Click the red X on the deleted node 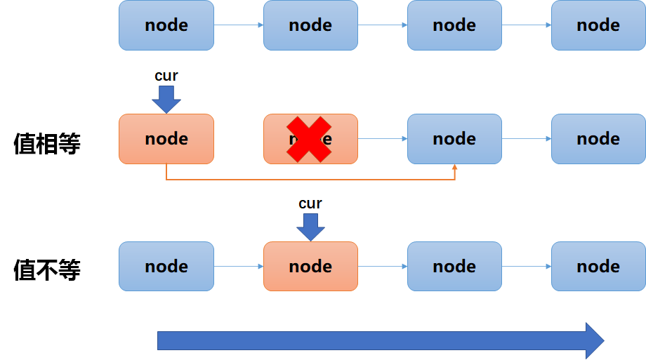click(x=310, y=139)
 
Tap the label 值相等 click(x=47, y=143)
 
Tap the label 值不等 click(x=47, y=270)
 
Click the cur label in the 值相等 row click(x=166, y=76)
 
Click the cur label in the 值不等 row click(x=310, y=204)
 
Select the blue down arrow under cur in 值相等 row click(x=166, y=99)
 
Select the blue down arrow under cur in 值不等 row click(x=310, y=227)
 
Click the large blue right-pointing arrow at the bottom click(x=380, y=341)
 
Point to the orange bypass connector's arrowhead click(x=455, y=168)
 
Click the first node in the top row click(x=166, y=25)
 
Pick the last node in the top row click(x=598, y=25)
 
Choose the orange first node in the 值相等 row click(x=166, y=139)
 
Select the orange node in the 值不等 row click(x=310, y=267)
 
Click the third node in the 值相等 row click(x=454, y=139)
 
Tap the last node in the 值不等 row click(x=598, y=267)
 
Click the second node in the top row click(x=310, y=25)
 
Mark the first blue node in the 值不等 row click(x=166, y=267)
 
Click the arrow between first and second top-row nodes click(x=239, y=25)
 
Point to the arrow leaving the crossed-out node click(x=383, y=139)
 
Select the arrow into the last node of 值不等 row click(x=527, y=267)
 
